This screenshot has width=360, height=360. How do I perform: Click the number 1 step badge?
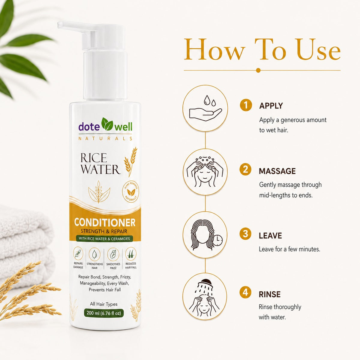pyautogui.click(x=246, y=105)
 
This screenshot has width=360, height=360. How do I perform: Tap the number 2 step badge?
pyautogui.click(x=245, y=169)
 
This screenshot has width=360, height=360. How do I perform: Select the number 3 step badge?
pyautogui.click(x=245, y=234)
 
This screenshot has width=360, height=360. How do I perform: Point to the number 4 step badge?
pyautogui.click(x=245, y=292)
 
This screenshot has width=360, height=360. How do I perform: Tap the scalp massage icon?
pyautogui.click(x=205, y=172)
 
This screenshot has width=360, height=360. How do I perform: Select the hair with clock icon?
pyautogui.click(x=205, y=235)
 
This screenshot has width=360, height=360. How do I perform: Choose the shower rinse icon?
pyautogui.click(x=205, y=297)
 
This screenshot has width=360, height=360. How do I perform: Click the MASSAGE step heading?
pyautogui.click(x=277, y=171)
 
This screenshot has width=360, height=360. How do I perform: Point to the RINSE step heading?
pyautogui.click(x=270, y=294)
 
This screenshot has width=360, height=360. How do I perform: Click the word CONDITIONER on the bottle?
pyautogui.click(x=105, y=223)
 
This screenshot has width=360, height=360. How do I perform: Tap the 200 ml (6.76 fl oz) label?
pyautogui.click(x=104, y=313)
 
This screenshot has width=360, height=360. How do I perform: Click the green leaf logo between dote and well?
pyautogui.click(x=107, y=124)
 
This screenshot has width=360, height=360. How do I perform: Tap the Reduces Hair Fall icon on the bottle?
pyautogui.click(x=131, y=254)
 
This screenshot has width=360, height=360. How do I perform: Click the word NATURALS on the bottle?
pyautogui.click(x=105, y=139)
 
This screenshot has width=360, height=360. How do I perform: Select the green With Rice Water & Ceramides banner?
pyautogui.click(x=104, y=239)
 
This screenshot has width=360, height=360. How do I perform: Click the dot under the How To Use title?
pyautogui.click(x=258, y=70)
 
